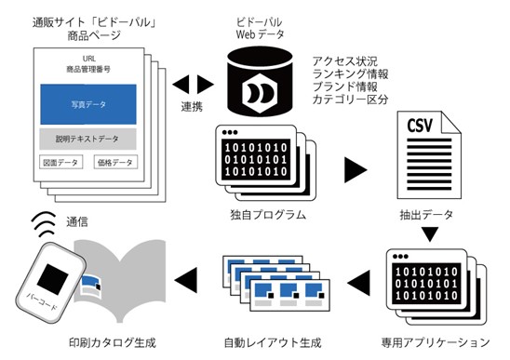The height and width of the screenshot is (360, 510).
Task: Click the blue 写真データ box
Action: (88, 104)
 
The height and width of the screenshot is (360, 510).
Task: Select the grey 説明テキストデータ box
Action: (87, 139)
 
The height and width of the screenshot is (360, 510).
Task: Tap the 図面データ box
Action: (60, 162)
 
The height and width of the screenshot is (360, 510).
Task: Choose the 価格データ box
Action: (115, 162)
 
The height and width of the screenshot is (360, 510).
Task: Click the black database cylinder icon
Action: (260, 82)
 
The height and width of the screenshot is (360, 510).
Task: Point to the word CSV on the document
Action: (420, 126)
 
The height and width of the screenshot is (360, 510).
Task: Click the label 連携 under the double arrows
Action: (192, 106)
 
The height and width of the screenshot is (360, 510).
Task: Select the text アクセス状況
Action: (344, 61)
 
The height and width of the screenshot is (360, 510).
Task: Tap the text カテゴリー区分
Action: (350, 100)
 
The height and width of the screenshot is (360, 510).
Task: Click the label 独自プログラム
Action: (268, 215)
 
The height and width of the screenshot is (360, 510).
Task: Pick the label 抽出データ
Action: (426, 215)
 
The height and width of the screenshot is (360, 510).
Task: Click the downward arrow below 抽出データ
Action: (430, 234)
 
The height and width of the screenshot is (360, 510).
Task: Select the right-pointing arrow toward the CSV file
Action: (356, 169)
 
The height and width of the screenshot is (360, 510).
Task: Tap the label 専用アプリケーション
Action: (436, 342)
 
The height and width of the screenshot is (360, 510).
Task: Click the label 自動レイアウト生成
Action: (273, 342)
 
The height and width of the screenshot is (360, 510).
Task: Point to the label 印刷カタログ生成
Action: (113, 342)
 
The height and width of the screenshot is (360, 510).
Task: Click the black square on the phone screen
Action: (53, 280)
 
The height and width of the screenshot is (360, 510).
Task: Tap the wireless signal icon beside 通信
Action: (43, 224)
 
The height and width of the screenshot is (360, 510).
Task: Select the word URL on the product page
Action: (88, 59)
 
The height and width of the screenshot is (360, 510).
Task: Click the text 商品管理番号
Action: (88, 69)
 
